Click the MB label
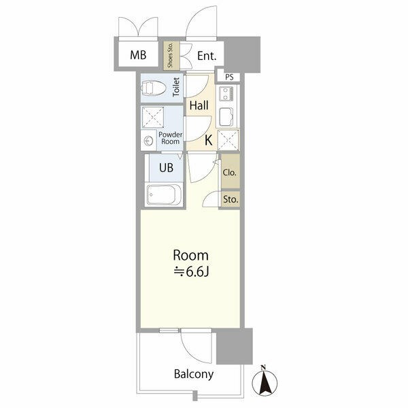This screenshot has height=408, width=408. pyautogui.click(x=138, y=55)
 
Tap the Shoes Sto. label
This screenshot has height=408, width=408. pyautogui.click(x=170, y=55)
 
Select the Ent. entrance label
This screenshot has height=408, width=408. pyautogui.click(x=207, y=56)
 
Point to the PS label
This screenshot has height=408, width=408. pyautogui.click(x=229, y=77)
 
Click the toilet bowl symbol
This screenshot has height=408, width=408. pyautogui.click(x=153, y=88)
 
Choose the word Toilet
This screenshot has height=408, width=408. pyautogui.click(x=176, y=87)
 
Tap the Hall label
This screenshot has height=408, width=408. pyautogui.click(x=199, y=105)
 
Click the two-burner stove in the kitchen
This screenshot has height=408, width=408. pyautogui.click(x=226, y=94)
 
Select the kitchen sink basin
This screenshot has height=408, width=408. pyautogui.click(x=226, y=118)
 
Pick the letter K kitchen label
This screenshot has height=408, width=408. pyautogui.click(x=209, y=140)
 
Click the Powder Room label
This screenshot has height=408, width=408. pyautogui.click(x=171, y=138)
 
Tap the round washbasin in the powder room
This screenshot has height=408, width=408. pyautogui.click(x=148, y=141)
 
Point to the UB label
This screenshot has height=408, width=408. pyautogui.click(x=167, y=168)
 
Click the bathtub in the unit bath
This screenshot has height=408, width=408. pyautogui.click(x=164, y=195)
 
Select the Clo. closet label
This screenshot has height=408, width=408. pyautogui.click(x=230, y=172)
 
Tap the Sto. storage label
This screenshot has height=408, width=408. pyautogui.click(x=231, y=199)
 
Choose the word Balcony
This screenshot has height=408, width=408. pyautogui.click(x=194, y=374)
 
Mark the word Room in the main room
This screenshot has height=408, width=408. pyautogui.click(x=190, y=256)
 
